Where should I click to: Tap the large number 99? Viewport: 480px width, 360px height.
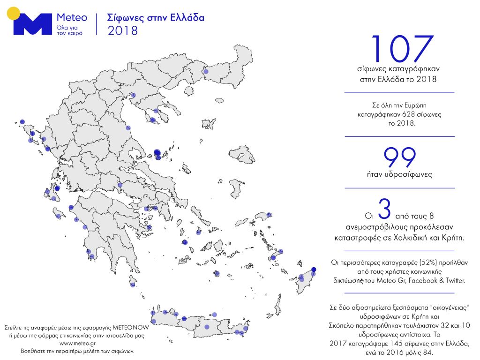tap(400, 158)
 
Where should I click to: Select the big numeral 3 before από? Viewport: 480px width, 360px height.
tap(384, 211)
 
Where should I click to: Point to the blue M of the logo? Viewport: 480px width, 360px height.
tap(32, 24)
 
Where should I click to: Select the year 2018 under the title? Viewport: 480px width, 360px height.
tap(123, 31)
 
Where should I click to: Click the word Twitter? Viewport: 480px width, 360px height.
tap(453, 280)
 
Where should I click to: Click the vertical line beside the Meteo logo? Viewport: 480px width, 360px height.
tap(97, 24)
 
